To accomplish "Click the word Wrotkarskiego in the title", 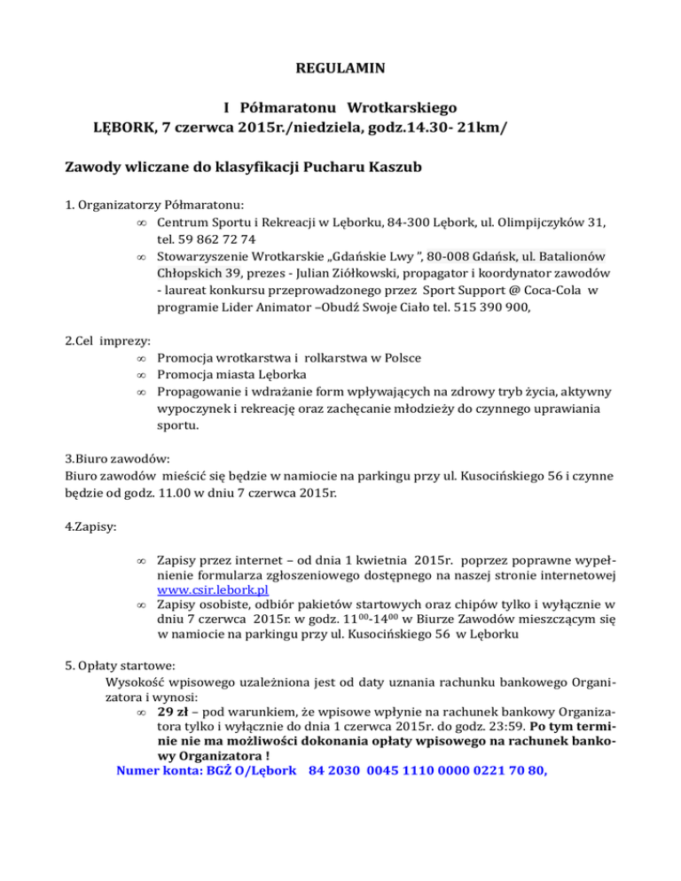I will pos(403,108).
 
